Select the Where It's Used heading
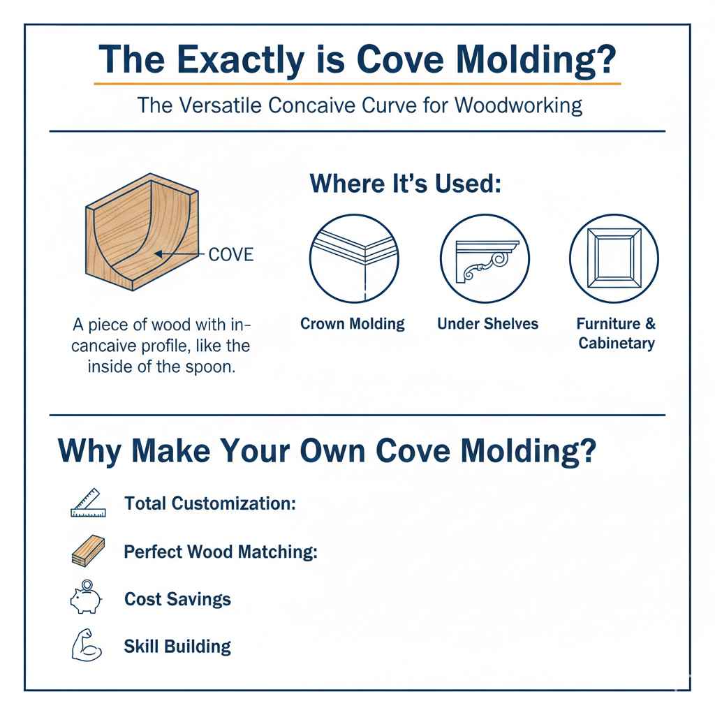[406, 184]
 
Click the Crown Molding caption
[353, 324]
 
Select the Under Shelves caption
[487, 324]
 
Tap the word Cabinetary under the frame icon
[617, 343]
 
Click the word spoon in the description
[214, 367]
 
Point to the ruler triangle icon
[88, 503]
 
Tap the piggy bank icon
[87, 598]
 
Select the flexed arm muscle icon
[87, 646]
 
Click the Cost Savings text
[177, 599]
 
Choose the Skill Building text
[177, 647]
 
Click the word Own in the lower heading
[332, 451]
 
